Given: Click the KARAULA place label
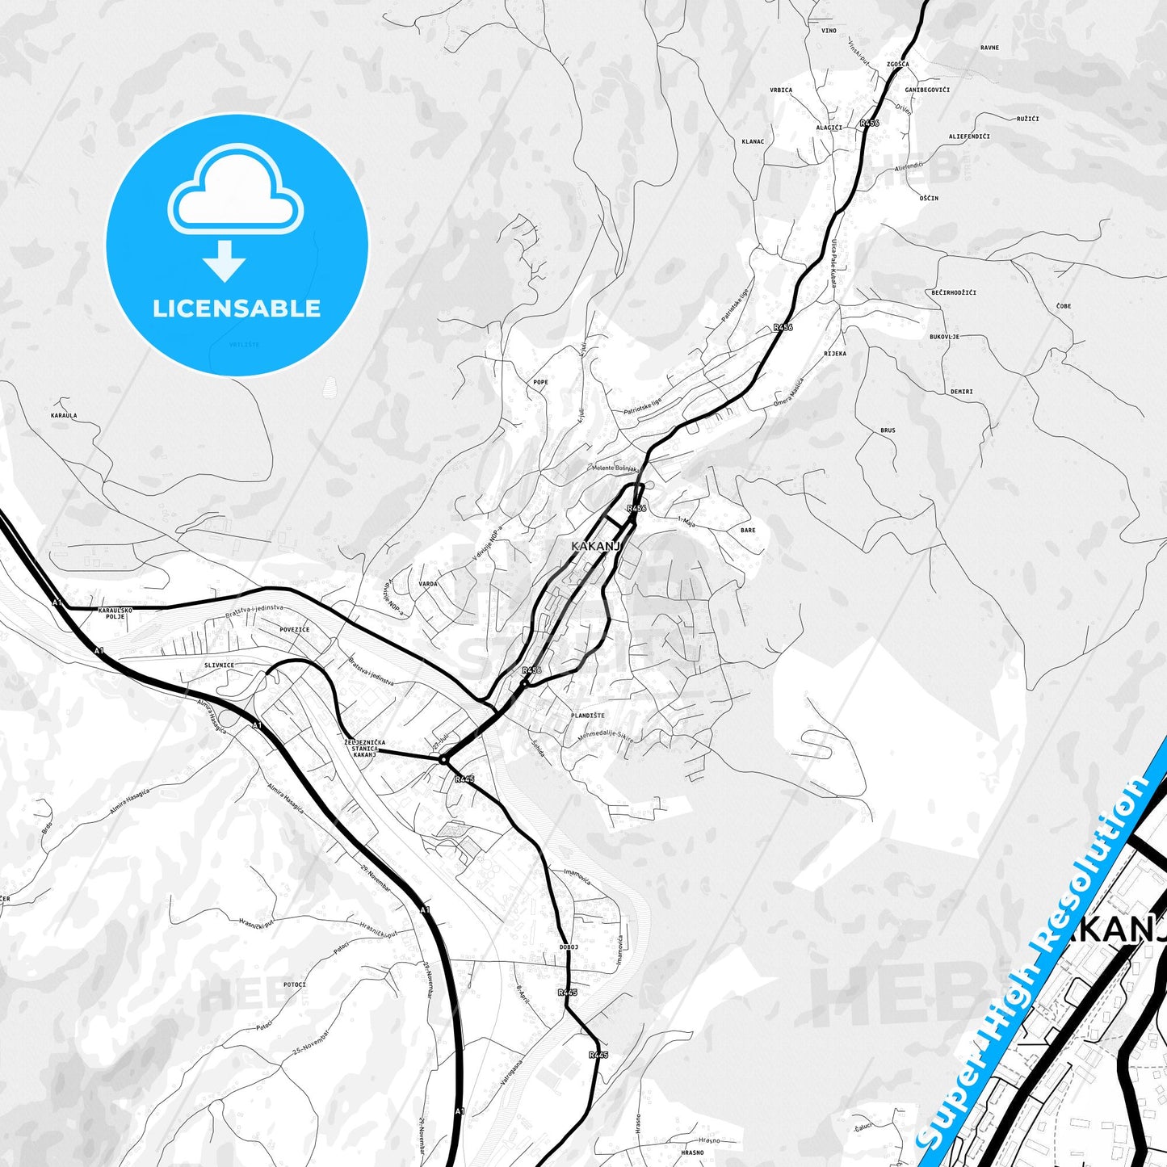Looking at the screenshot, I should (64, 416).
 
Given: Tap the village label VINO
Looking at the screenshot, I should (829, 31).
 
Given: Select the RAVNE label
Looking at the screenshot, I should (989, 48).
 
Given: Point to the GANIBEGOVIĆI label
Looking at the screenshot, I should (927, 90).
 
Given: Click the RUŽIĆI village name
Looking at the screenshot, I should (1027, 119).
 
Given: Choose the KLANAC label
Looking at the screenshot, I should (753, 141).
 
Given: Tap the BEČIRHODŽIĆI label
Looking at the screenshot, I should (954, 292).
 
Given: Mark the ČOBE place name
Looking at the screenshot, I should (1064, 306).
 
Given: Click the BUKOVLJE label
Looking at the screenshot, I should (944, 337).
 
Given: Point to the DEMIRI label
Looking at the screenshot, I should (961, 392).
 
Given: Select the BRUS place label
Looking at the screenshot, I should (888, 430).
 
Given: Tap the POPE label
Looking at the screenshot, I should (540, 382).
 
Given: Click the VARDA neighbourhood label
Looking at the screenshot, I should (428, 584).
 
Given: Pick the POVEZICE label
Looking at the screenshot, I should (294, 629).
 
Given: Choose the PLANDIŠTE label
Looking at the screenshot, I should (587, 716).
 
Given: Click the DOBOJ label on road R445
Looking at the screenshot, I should (569, 947).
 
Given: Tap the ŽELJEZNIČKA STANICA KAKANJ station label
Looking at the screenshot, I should (364, 748).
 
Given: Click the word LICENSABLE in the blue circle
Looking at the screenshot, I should (237, 308).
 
